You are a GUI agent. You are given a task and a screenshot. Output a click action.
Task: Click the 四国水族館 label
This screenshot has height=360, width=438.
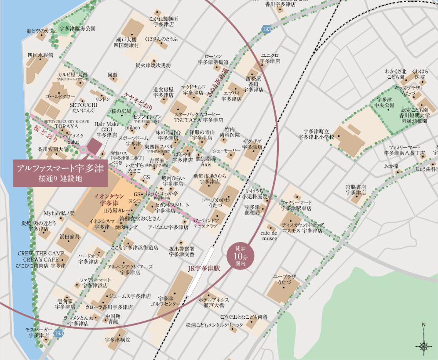point(40,55)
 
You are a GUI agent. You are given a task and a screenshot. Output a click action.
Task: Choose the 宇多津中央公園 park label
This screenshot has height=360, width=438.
point(387,102)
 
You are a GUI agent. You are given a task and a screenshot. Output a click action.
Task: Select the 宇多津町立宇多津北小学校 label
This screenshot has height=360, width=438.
point(316,134)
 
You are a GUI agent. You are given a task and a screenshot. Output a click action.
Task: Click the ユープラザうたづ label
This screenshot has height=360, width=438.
point(285,279)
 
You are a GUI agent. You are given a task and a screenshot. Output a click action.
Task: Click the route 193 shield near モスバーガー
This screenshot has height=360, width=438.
point(58,334)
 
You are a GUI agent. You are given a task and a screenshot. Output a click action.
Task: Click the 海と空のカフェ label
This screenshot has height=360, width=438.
point(42,31)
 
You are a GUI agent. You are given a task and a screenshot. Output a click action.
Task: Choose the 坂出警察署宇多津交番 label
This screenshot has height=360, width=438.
point(182,251)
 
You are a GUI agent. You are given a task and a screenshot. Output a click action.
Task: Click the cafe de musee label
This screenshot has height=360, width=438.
point(268,235)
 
